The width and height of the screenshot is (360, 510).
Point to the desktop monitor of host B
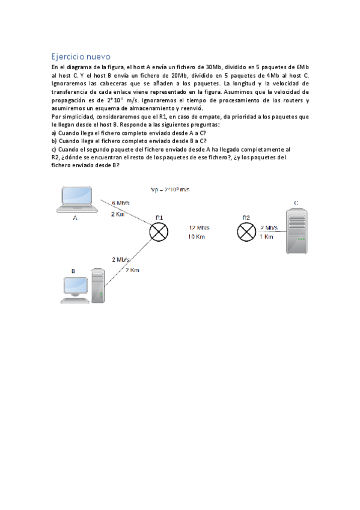76,287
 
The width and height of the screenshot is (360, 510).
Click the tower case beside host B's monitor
98,285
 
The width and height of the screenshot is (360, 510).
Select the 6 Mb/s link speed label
121,203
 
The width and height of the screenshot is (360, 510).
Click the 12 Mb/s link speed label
200,228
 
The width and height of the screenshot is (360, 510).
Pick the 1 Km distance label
266,237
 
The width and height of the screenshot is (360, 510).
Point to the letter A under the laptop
75,218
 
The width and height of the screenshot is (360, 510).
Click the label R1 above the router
159,217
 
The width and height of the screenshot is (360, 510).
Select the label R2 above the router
246,217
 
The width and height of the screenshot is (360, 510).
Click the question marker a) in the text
54,132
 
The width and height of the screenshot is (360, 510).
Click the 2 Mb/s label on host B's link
121,259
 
